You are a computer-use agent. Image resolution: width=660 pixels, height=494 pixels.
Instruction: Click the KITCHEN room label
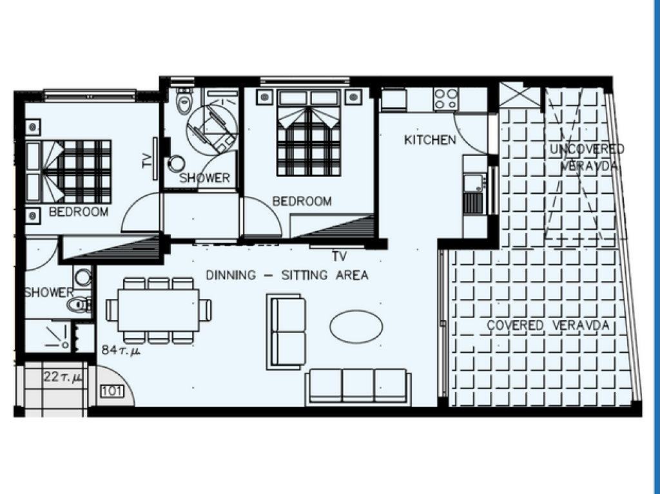pos(430,140)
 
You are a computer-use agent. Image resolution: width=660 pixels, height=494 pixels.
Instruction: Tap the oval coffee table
pos(356,327)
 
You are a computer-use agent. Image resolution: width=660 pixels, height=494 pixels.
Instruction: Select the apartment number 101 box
pos(112,392)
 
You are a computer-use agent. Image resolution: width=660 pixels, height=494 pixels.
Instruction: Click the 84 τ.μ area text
pos(121,350)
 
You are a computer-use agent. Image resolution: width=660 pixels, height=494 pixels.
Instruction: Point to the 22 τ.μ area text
pos(63,377)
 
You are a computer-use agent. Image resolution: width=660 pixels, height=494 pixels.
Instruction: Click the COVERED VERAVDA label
pos(548,325)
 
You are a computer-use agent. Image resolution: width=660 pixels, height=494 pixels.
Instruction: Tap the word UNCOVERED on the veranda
pos(587,149)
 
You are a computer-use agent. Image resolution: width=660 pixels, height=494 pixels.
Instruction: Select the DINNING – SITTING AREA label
pos(287,275)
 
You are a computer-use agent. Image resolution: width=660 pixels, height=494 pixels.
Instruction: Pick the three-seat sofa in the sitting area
pos(358,386)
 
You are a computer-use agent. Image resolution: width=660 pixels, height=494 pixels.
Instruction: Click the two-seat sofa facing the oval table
pos(286,332)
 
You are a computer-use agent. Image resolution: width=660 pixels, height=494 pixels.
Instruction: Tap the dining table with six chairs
pos(159,310)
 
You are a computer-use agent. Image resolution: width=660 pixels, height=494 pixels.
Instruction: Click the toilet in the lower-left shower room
pos(79,304)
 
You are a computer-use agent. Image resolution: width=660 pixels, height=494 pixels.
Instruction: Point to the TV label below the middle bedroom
pos(339,256)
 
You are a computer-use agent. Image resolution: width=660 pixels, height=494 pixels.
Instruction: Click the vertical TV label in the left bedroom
pos(147,160)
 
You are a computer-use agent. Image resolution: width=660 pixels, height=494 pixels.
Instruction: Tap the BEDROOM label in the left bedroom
pos(79,212)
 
